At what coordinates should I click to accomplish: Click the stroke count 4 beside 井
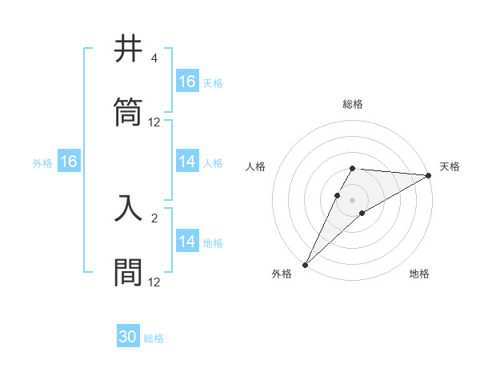[x=154, y=58]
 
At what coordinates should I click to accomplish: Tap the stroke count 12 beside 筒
[x=154, y=122]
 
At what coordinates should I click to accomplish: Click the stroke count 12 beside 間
[x=154, y=282]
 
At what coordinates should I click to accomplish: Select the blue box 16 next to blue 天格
[x=187, y=82]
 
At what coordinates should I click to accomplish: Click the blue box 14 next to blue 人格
[x=187, y=162]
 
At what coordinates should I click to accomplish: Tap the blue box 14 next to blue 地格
[x=187, y=242]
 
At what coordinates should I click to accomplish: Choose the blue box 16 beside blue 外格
[x=68, y=162]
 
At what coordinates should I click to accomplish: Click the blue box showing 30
[x=128, y=337]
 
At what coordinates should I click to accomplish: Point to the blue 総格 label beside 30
[x=154, y=338]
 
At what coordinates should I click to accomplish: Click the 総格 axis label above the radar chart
[x=353, y=104]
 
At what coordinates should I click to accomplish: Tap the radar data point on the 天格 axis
[x=429, y=175]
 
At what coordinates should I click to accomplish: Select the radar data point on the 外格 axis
[x=305, y=265]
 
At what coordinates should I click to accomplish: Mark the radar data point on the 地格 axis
[x=362, y=213]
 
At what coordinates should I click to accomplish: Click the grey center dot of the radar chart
[x=353, y=200]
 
